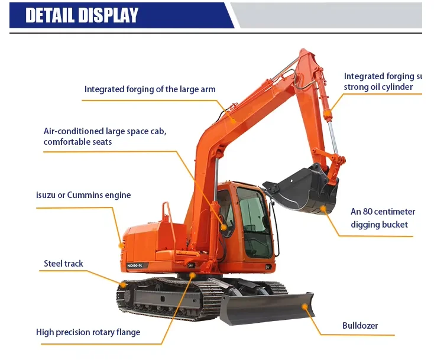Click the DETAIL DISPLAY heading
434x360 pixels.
point(82,15)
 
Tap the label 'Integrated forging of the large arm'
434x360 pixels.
point(150,89)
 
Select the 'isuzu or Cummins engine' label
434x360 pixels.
point(83,195)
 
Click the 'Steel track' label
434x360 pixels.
point(63,264)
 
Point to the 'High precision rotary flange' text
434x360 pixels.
point(88,332)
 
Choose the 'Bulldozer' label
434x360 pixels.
point(359,326)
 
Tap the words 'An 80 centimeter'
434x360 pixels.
point(383,212)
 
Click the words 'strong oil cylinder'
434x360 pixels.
point(382,87)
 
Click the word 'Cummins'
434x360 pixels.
point(86,195)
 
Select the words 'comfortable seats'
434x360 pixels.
point(77,142)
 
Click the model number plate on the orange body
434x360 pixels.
point(138,265)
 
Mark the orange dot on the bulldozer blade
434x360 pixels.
point(305,306)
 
